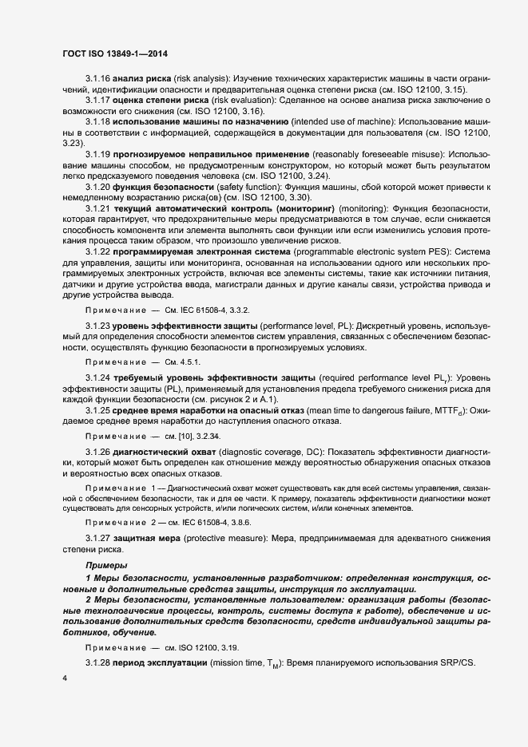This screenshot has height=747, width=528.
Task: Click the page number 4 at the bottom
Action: point(64,678)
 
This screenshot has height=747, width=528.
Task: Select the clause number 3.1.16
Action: point(98,80)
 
